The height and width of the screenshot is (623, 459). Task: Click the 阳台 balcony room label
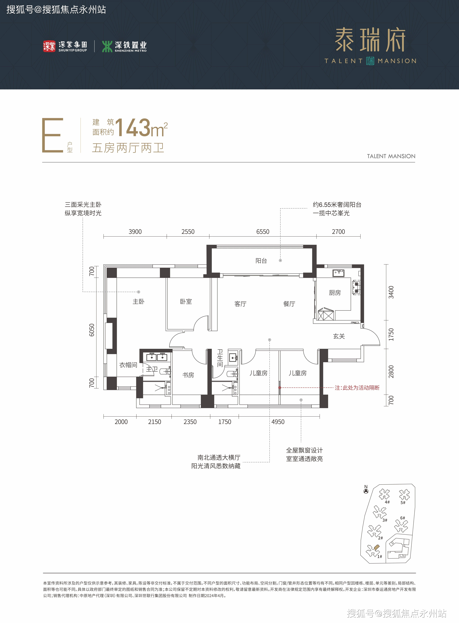tap(261, 261)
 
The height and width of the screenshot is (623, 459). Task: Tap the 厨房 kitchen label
tap(335, 293)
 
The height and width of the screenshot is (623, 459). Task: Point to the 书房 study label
tap(188, 375)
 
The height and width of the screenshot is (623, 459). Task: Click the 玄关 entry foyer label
tap(339, 336)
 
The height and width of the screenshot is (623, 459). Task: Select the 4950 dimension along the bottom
tap(278, 422)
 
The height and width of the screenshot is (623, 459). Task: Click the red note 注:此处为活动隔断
tap(357, 388)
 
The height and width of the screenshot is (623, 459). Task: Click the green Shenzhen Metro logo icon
tap(107, 46)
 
